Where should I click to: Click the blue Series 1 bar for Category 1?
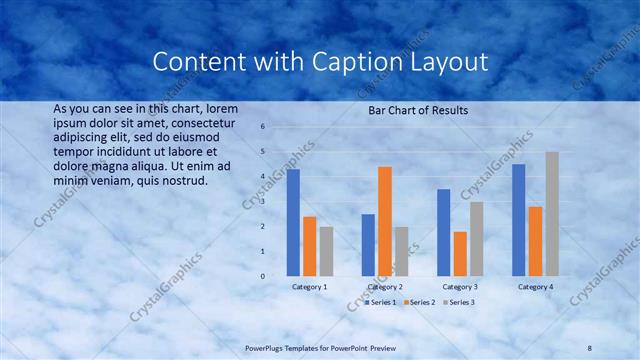293,222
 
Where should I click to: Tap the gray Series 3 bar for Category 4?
552,213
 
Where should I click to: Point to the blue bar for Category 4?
518,219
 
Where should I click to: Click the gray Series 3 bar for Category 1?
326,250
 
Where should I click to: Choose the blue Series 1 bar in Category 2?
368,244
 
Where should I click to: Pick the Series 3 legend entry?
458,301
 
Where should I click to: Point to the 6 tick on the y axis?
262,127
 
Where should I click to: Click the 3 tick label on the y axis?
262,201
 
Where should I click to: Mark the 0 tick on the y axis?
262,276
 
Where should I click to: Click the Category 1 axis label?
309,287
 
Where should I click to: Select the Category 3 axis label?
460,287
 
